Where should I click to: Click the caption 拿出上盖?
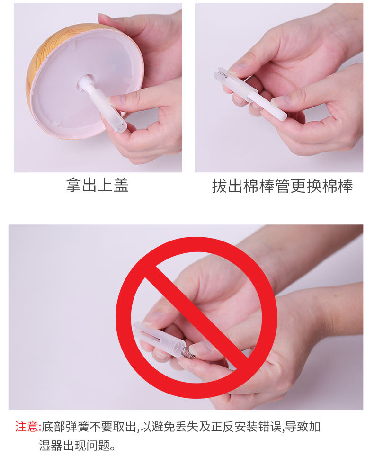(97, 186)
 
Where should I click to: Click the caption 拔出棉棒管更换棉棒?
(282, 186)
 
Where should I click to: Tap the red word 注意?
(27, 427)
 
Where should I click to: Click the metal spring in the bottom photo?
(187, 352)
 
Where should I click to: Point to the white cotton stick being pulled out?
(267, 106)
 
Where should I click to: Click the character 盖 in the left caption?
(121, 186)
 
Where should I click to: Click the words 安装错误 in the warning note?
(261, 427)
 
